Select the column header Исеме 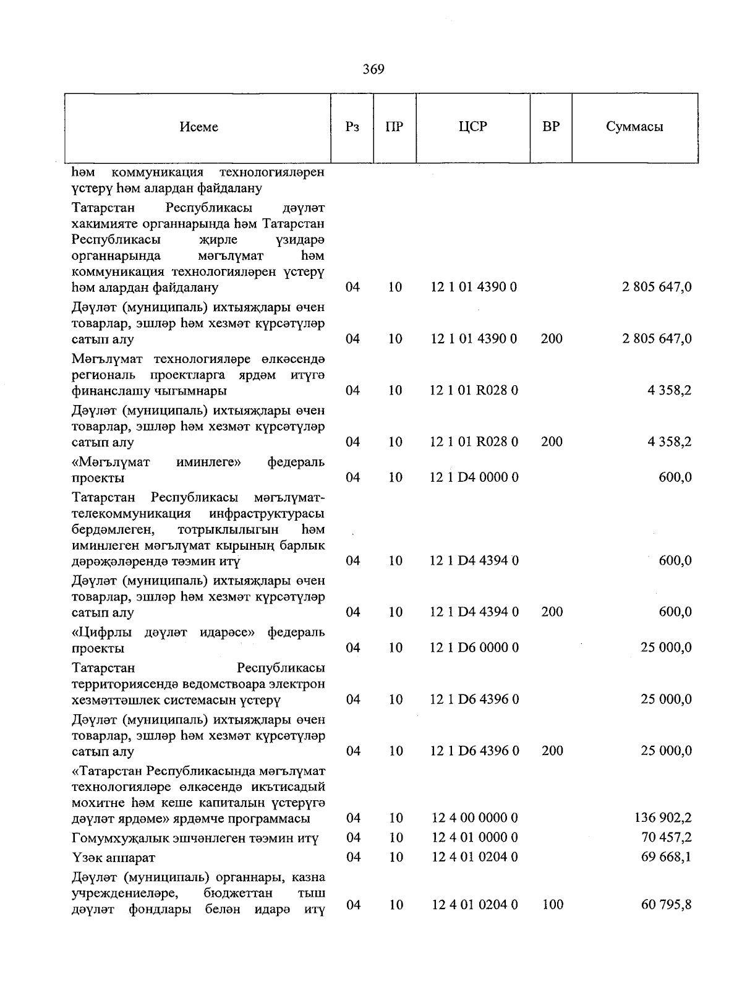click(x=198, y=127)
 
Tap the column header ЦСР click(x=473, y=127)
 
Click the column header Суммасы click(x=634, y=127)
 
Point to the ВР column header click(x=551, y=127)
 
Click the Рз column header click(x=352, y=127)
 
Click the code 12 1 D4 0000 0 click(x=474, y=477)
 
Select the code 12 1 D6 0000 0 click(x=474, y=647)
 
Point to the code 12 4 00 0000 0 click(x=474, y=818)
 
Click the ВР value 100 click(x=552, y=905)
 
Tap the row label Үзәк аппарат click(x=113, y=858)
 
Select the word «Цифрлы click(x=103, y=633)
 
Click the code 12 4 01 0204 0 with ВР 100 click(x=474, y=905)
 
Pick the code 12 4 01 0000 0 click(x=474, y=837)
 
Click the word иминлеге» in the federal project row click(x=208, y=462)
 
